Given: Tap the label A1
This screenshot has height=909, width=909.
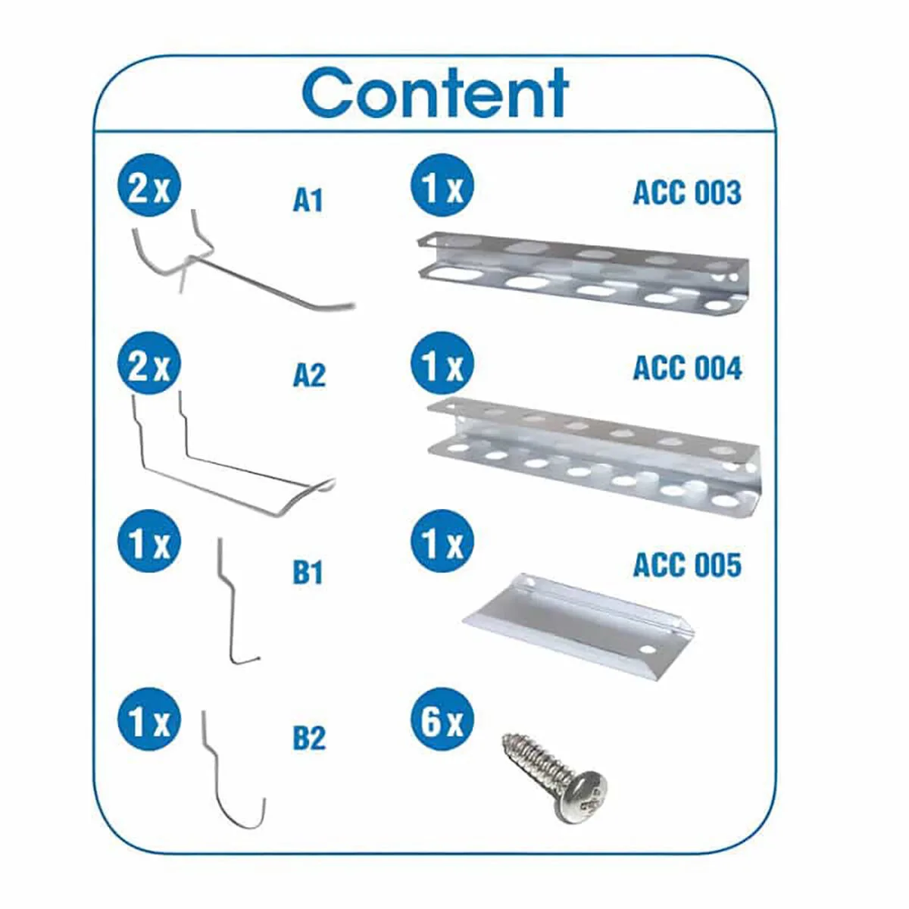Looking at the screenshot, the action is (x=308, y=201).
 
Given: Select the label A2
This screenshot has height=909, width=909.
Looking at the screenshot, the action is (x=309, y=376).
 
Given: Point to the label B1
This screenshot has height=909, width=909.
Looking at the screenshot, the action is (x=308, y=573).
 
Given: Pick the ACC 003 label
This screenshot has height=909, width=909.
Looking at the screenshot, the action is (x=687, y=193).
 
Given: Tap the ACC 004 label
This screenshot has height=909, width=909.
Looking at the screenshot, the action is (x=688, y=368).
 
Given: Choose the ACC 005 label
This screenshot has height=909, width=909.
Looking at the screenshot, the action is (x=687, y=565).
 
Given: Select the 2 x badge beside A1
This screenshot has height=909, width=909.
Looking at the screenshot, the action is (x=149, y=185).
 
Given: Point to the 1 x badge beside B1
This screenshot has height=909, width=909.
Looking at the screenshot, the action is (x=149, y=541).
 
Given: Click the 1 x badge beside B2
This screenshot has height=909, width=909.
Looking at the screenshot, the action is (x=149, y=720).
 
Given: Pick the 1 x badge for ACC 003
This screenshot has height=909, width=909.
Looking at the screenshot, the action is (x=442, y=185).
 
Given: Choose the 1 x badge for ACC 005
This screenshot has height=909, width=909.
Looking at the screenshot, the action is (x=442, y=541).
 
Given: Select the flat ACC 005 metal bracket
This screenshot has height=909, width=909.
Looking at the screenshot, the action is (x=579, y=625).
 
